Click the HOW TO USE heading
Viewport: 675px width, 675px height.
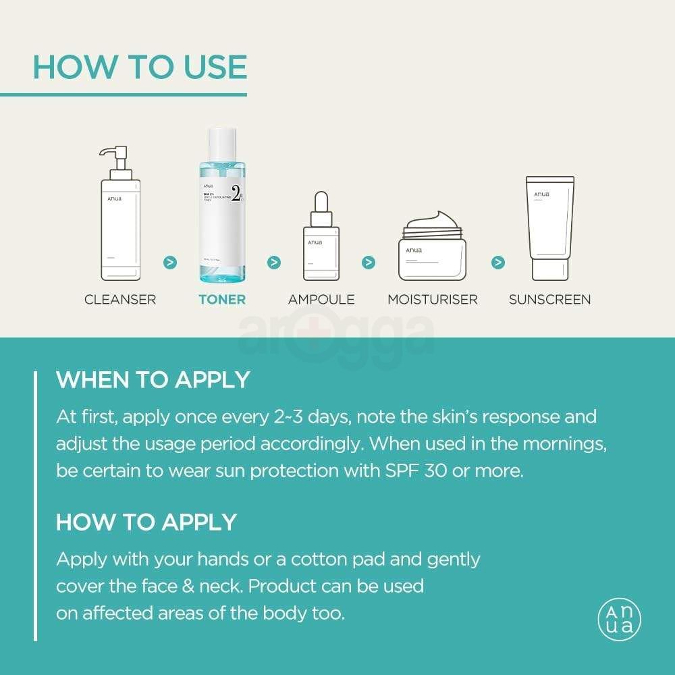point(140,67)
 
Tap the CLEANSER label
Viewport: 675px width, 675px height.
point(120,299)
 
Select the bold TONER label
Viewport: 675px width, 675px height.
point(222,299)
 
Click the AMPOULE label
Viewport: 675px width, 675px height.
point(321,299)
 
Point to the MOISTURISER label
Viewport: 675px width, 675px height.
point(433,299)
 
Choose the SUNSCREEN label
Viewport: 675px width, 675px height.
point(549,299)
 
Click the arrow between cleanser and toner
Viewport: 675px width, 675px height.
point(170,262)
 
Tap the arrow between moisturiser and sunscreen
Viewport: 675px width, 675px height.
point(498,262)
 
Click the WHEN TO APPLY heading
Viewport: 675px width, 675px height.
point(153,379)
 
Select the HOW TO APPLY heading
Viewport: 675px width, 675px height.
point(146,522)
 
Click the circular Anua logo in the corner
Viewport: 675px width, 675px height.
point(619,620)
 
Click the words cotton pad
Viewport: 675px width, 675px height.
point(375,559)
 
